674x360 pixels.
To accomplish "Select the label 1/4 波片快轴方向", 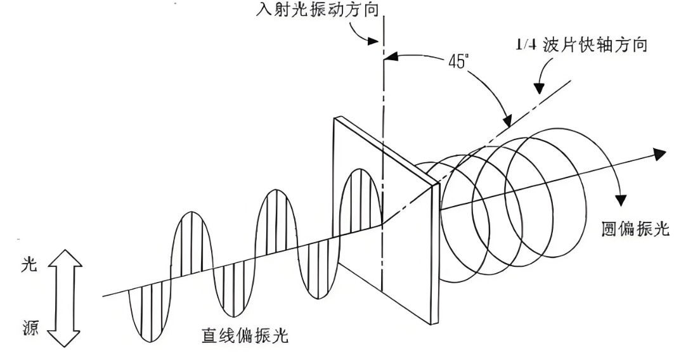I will tap(581, 46).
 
